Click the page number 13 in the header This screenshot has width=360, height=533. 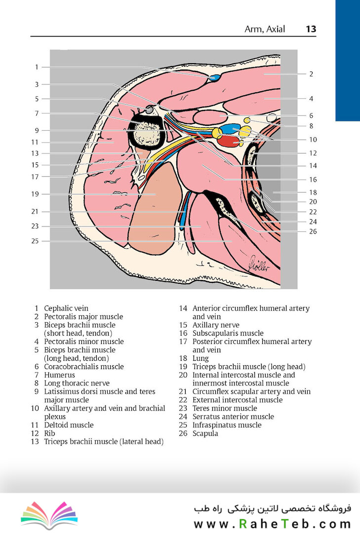click(x=311, y=29)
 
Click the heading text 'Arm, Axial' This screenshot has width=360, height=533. click(x=265, y=29)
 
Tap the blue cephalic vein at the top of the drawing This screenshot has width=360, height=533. click(x=214, y=78)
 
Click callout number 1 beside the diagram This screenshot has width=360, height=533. click(x=37, y=67)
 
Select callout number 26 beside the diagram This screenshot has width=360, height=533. click(x=313, y=231)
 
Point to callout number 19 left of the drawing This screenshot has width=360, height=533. click(x=35, y=194)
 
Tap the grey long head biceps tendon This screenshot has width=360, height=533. click(x=149, y=110)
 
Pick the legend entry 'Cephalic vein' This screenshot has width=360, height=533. click(x=66, y=308)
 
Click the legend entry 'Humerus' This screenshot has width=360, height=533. click(x=60, y=375)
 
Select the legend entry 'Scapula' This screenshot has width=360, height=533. click(x=205, y=433)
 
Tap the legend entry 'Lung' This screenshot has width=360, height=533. click(x=201, y=358)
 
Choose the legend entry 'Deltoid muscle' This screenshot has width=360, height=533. click(x=69, y=425)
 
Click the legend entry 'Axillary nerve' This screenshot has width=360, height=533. click(x=216, y=325)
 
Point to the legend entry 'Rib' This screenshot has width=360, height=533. click(x=49, y=433)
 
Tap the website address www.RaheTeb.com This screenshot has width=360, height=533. click(x=272, y=524)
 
